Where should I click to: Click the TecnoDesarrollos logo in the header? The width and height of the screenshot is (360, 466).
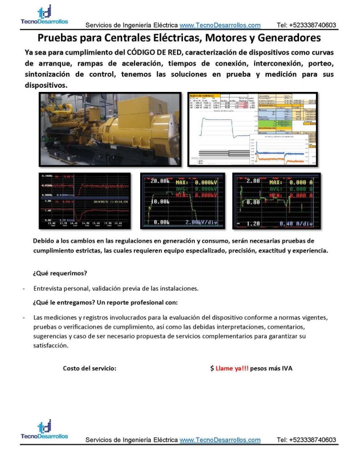pos(44,15)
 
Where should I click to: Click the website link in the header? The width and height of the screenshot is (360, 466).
pos(220,25)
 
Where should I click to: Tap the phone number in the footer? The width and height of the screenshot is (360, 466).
pos(306,440)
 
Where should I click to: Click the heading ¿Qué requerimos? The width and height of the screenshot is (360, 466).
pos(60,274)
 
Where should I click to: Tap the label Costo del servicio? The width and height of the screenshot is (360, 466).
pos(90,369)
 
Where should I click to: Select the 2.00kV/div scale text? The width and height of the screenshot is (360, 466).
pos(201,223)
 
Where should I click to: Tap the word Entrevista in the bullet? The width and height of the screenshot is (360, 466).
pos(48,289)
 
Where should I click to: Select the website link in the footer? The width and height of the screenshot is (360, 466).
pos(220,440)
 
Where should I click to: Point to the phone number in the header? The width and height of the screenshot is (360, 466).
pos(306,25)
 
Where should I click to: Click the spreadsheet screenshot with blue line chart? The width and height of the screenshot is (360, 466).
pos(253,129)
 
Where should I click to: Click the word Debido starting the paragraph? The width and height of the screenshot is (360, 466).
pos(44,241)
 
